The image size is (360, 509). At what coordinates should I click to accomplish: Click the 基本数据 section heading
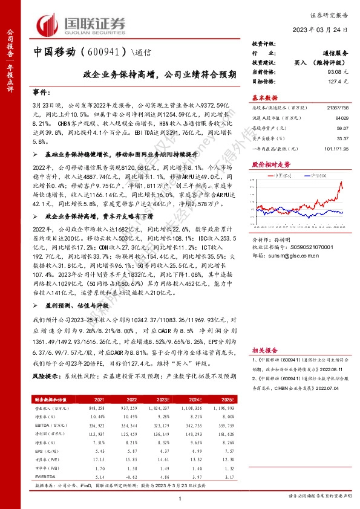point(264,97)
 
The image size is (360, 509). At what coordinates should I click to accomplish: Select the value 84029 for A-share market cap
point(342,117)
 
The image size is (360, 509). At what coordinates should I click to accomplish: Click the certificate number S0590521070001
point(309,247)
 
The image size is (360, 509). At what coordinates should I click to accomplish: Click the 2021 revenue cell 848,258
point(97,408)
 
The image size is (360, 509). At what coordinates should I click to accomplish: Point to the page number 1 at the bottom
point(180,497)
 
